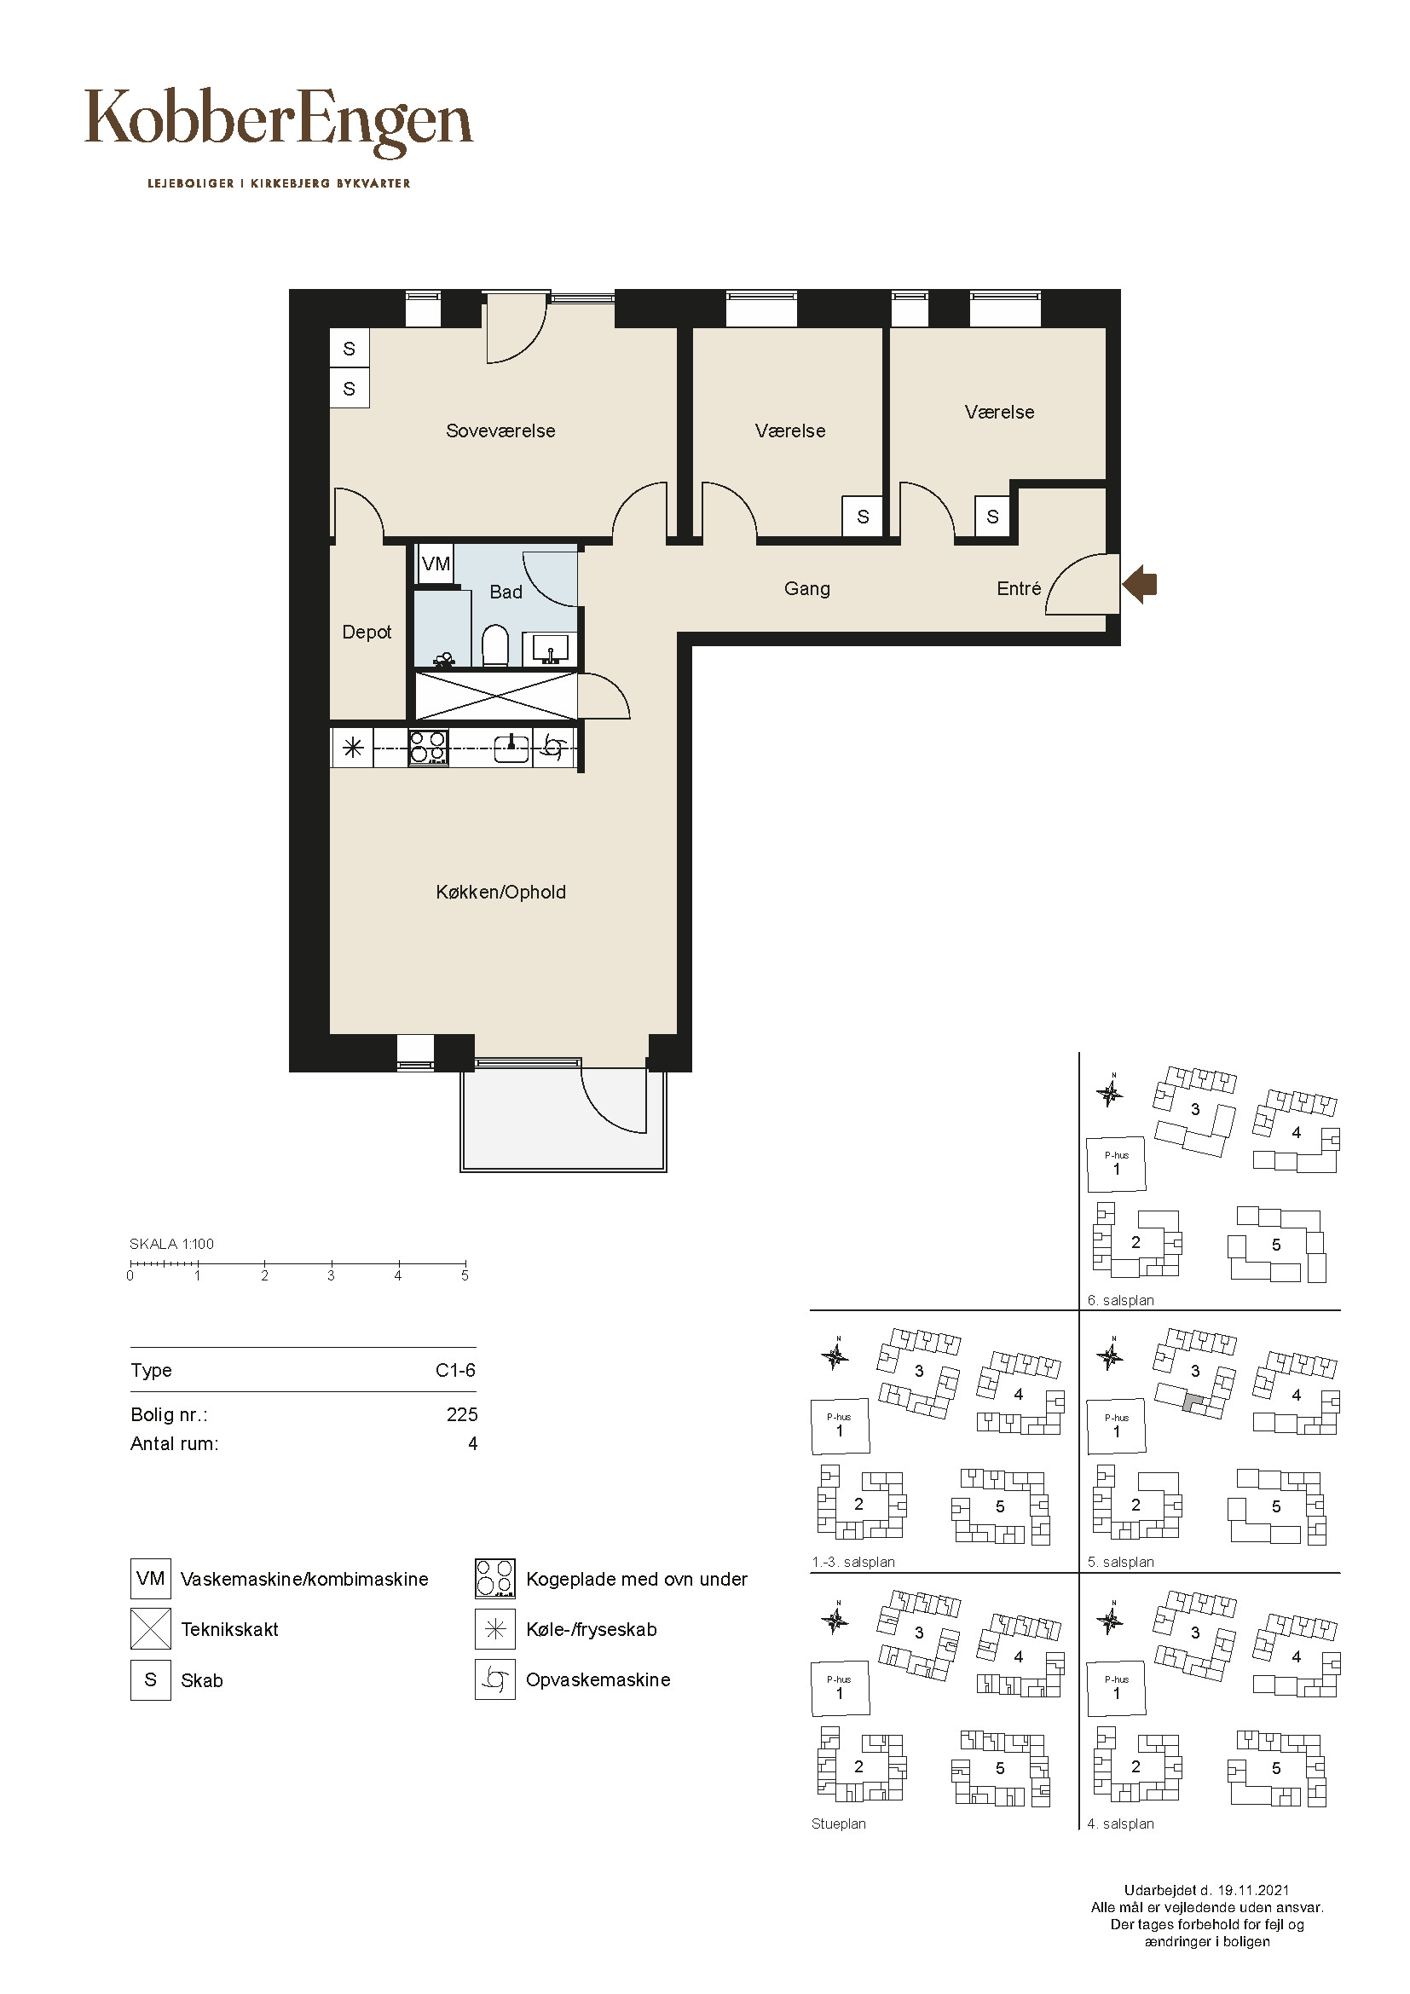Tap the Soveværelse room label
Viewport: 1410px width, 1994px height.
tap(500, 431)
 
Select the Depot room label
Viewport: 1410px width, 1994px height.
tap(367, 633)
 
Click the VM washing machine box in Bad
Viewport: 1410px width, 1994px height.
tap(435, 564)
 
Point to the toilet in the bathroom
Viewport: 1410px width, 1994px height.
tap(495, 645)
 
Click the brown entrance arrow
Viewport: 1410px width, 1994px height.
tap(1139, 585)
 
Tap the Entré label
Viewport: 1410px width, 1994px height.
tap(1019, 589)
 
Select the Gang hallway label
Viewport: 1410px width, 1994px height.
tap(806, 589)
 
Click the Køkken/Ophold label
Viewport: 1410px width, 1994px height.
tap(501, 892)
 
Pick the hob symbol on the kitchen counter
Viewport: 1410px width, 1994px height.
tap(429, 748)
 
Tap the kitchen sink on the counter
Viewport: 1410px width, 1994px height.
tap(512, 748)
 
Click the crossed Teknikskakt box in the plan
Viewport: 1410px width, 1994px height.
tap(497, 696)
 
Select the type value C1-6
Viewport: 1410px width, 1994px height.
tap(456, 1371)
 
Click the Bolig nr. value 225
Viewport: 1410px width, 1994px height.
tap(462, 1415)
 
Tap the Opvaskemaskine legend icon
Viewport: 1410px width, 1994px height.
tap(495, 1679)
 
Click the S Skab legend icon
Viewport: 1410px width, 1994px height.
tap(150, 1679)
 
